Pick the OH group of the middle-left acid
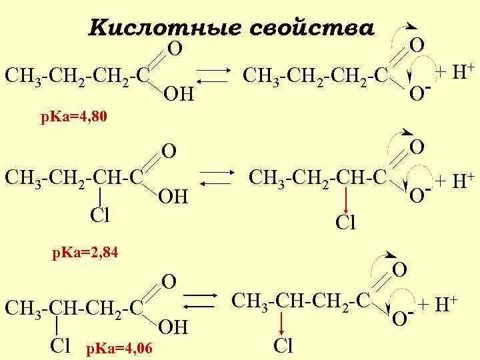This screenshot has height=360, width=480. point(174,196)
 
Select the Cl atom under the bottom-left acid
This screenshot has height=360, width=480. point(62,345)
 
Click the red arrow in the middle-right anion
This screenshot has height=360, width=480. point(346,200)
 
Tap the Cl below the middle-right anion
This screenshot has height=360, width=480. point(346,222)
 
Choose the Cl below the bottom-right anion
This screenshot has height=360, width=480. point(283,345)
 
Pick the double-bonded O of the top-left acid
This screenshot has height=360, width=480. point(175,49)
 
